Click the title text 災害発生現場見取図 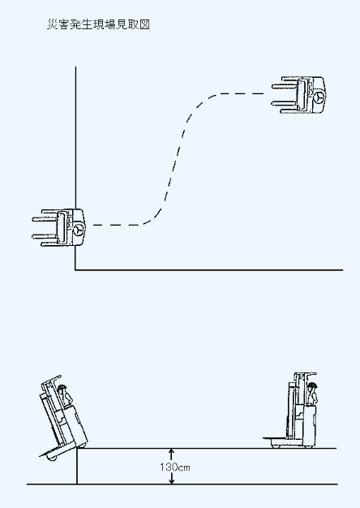pos(98,24)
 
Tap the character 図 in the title pos(144,24)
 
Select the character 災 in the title pos(53,24)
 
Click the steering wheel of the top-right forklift pos(319,97)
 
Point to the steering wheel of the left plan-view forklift pos(78,229)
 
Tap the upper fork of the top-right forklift pos(285,87)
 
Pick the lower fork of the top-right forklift pos(285,104)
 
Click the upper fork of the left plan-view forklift pos(45,219)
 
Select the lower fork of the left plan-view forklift pos(45,236)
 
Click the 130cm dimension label pos(175,467)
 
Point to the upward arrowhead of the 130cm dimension pos(172,451)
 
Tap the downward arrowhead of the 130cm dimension pos(172,481)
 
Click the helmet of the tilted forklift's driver pos(62,387)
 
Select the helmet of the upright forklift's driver pos(312,385)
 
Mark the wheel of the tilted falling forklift pos(52,457)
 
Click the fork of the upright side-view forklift pos(275,439)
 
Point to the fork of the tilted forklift pos(49,452)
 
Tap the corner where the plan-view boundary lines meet pos(75,269)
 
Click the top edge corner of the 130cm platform pos(77,449)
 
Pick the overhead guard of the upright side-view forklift pos(306,374)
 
